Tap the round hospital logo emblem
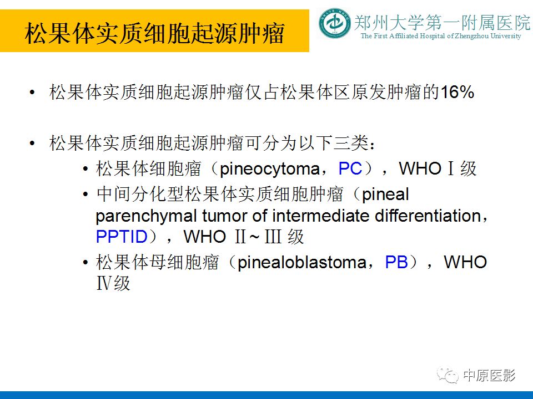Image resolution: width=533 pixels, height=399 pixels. pyautogui.click(x=335, y=24)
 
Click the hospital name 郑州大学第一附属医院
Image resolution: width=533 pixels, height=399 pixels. pyautogui.click(x=442, y=23)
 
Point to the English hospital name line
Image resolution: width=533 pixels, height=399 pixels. pyautogui.click(x=441, y=37)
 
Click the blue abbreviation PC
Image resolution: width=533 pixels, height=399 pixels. pyautogui.click(x=350, y=168)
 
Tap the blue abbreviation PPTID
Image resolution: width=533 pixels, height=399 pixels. pyautogui.click(x=122, y=237)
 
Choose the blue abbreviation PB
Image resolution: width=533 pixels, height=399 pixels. pyautogui.click(x=396, y=262)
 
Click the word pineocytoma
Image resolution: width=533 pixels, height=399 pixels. pyautogui.click(x=270, y=168)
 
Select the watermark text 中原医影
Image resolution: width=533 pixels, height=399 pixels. pyautogui.click(x=489, y=376)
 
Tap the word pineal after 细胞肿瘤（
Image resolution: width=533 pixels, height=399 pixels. pyautogui.click(x=385, y=195)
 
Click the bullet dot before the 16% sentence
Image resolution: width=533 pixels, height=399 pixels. pyautogui.click(x=34, y=93)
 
